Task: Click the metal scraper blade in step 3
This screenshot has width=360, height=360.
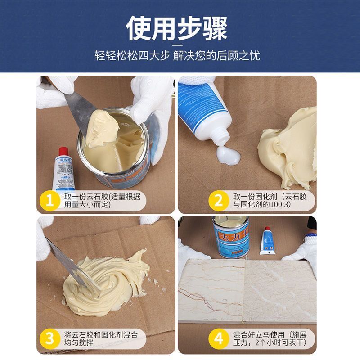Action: point(63,261)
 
